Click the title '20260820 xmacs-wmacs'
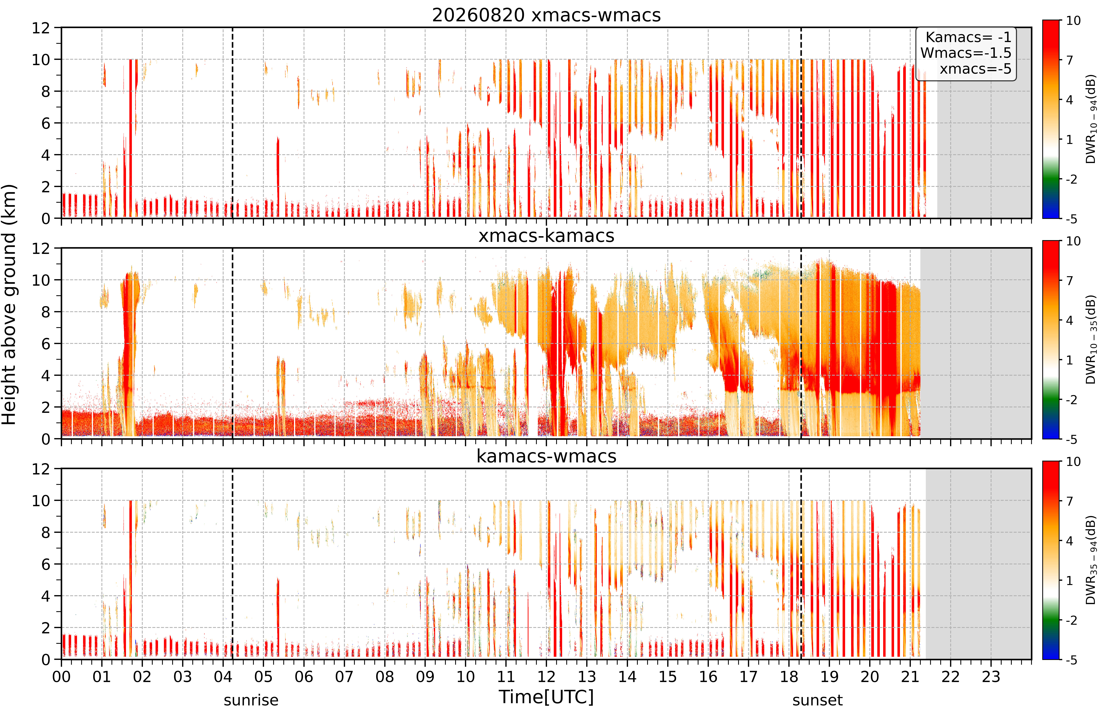pyautogui.click(x=546, y=15)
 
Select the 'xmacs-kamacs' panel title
pyautogui.click(x=546, y=236)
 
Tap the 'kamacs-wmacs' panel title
pyautogui.click(x=546, y=457)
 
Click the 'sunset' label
pyautogui.click(x=817, y=700)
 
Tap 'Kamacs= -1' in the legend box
pyautogui.click(x=968, y=37)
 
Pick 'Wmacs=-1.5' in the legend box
pyautogui.click(x=966, y=53)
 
